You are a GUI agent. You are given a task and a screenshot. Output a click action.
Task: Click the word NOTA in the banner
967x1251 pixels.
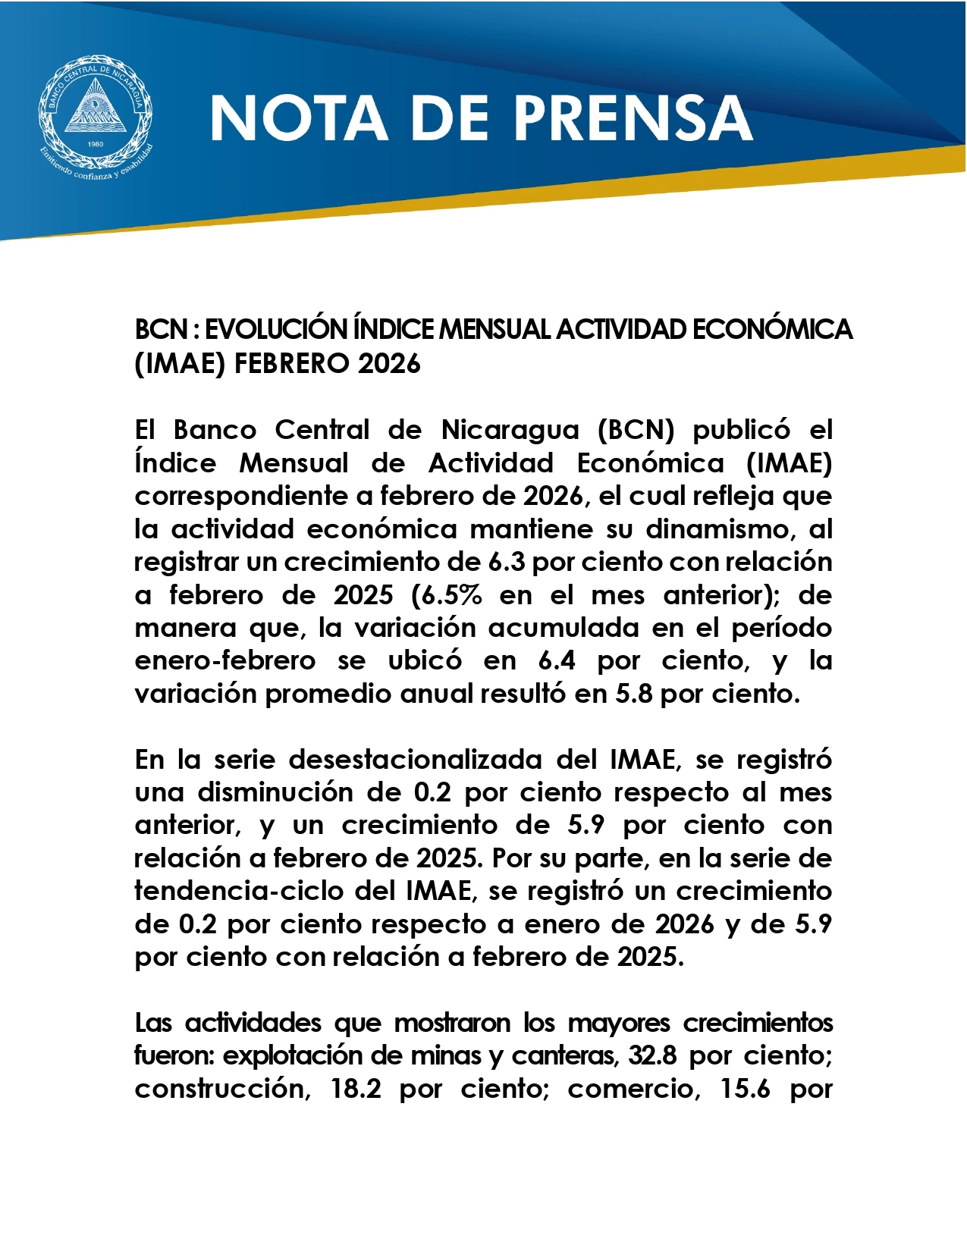(298, 118)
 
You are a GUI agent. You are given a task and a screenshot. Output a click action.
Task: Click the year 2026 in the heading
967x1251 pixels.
(389, 364)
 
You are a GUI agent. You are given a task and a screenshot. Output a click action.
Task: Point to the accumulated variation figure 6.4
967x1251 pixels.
(556, 660)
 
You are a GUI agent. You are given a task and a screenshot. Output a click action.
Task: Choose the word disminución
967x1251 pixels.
(299, 792)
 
